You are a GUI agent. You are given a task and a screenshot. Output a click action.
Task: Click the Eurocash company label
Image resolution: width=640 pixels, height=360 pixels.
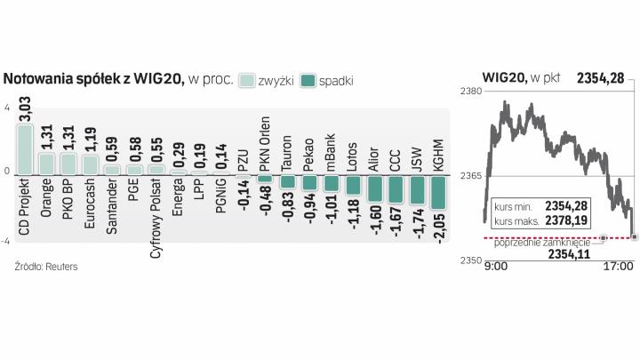(90, 204)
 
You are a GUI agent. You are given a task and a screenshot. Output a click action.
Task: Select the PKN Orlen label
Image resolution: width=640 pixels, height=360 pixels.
(264, 146)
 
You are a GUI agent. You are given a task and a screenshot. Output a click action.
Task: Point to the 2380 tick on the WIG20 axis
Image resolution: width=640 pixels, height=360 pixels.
(471, 92)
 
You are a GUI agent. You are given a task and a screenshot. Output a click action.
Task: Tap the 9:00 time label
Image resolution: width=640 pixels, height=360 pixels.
(496, 264)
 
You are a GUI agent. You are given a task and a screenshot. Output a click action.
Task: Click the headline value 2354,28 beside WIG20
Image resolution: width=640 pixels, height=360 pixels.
(604, 78)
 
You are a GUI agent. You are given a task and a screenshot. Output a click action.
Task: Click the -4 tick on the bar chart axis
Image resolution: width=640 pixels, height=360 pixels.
(5, 241)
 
